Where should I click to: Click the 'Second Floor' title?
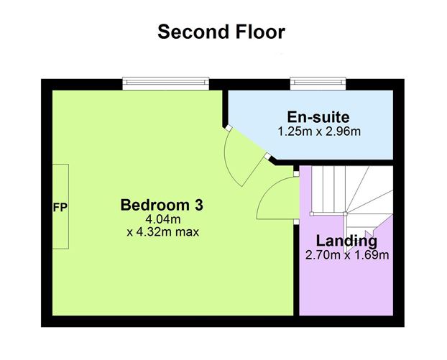coord(221,32)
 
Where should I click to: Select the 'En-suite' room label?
coord(318,117)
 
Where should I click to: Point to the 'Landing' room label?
coord(346,241)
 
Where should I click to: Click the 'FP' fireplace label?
coord(60,208)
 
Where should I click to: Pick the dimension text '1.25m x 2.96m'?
coord(318,131)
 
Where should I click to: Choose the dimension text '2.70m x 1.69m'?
coord(348,255)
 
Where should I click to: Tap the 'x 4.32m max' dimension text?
coord(162,232)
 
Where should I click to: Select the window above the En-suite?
coord(318,83)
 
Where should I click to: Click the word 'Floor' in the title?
coord(257,32)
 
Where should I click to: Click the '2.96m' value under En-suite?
coord(344,131)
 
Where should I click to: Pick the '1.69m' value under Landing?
coord(374,255)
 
